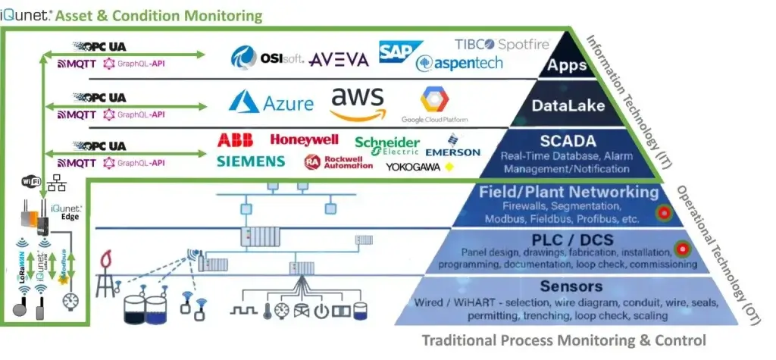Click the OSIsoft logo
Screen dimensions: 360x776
point(266,58)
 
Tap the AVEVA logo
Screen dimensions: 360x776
point(339,59)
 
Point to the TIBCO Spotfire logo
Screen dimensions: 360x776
point(502,44)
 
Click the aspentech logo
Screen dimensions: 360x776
point(459,63)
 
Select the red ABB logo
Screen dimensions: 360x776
point(235,140)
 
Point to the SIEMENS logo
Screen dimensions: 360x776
point(251,161)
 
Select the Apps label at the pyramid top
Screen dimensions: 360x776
point(568,65)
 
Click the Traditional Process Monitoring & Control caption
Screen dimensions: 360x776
point(563,340)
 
